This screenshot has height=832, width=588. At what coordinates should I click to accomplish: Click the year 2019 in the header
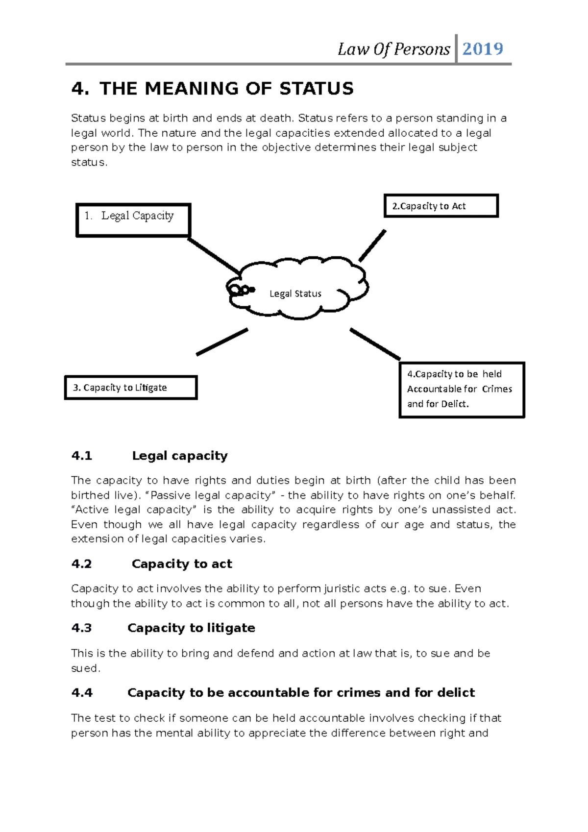tap(482, 49)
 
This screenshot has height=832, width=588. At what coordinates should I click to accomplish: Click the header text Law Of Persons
tap(393, 49)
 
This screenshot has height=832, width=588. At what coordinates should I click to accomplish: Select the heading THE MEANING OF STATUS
tap(226, 89)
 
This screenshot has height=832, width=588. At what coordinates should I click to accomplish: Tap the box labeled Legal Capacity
tap(133, 220)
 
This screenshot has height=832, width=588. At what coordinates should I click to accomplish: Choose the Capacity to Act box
tap(441, 206)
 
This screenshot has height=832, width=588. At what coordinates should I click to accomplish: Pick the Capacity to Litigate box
tap(131, 388)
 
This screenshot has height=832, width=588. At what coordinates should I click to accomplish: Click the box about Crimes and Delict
tap(462, 390)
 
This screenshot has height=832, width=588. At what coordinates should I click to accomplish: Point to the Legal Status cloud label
tap(295, 294)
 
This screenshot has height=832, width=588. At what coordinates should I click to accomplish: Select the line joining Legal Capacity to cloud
tap(214, 256)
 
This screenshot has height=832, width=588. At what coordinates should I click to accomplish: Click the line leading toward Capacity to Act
tap(372, 245)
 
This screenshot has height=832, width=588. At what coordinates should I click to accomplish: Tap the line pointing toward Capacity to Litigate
tap(221, 342)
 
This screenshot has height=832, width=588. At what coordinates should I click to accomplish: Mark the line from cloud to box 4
tap(375, 344)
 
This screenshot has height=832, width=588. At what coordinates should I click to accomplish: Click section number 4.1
tap(81, 456)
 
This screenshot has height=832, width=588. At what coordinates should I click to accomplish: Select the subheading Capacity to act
tap(182, 564)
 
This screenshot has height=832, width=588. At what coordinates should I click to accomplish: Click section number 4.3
tap(81, 628)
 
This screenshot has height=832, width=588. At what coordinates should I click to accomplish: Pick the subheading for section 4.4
tap(301, 692)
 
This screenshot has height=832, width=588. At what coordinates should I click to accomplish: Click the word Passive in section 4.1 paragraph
tap(169, 495)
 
